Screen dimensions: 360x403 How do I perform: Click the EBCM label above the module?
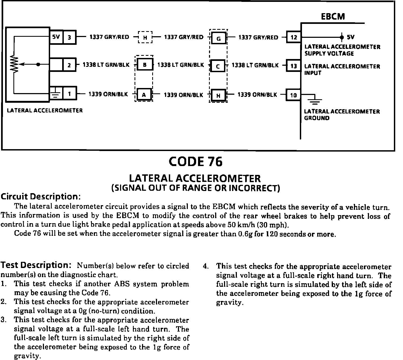click(333, 17)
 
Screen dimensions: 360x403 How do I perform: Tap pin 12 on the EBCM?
click(294, 37)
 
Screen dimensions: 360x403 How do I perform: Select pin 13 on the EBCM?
click(294, 66)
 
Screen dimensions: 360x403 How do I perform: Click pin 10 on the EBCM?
click(293, 95)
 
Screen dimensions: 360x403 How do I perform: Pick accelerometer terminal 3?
click(69, 37)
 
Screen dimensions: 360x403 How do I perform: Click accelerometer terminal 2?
click(69, 65)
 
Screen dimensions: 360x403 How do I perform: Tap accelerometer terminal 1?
click(69, 94)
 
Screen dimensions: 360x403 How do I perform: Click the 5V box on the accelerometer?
click(56, 37)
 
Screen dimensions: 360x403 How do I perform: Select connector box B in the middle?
click(144, 65)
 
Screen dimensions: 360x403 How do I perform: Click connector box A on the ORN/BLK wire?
click(144, 95)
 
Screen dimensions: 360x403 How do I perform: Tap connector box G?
click(218, 39)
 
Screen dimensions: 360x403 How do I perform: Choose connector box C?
click(218, 66)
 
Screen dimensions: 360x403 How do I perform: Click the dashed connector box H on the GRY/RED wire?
click(145, 38)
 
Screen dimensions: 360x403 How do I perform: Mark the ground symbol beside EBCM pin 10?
click(315, 100)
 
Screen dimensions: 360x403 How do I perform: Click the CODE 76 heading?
click(196, 162)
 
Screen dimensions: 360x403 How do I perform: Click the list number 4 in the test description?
click(206, 267)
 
